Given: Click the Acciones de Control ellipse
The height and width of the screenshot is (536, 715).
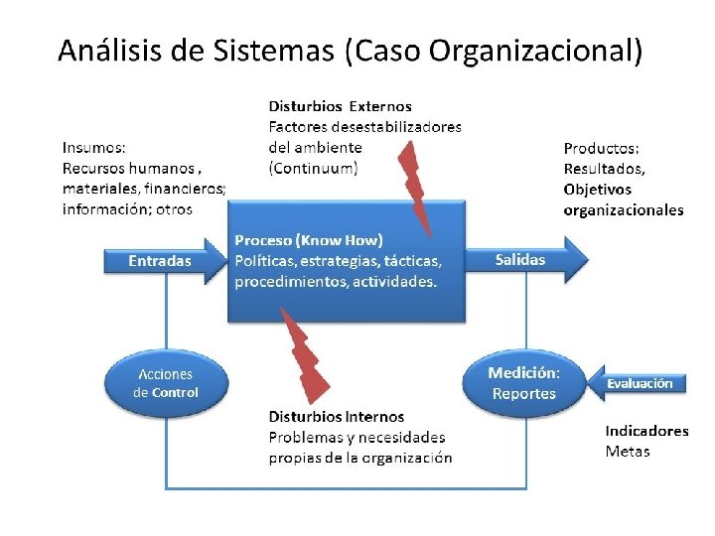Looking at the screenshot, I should click(x=166, y=382).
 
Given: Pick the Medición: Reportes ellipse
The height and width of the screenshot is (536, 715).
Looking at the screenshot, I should click(x=523, y=382).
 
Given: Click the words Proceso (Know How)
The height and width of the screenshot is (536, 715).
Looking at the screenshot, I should click(x=309, y=240).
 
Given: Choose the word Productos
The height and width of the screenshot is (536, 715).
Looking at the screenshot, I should click(x=601, y=148).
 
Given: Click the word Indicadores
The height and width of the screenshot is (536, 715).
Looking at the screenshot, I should click(x=646, y=431).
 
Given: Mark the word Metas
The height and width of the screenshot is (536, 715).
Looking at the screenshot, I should click(x=628, y=452).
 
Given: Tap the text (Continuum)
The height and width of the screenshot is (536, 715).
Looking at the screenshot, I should click(x=314, y=168).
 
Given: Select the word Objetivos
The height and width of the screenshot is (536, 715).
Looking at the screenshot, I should click(x=597, y=190).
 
